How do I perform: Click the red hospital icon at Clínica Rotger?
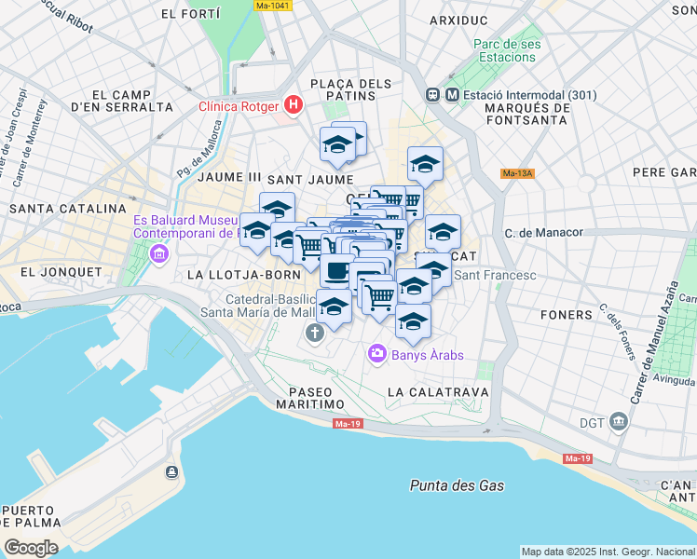(x=293, y=104)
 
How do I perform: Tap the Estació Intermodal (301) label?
(x=517, y=94)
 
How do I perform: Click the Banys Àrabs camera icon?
(x=376, y=353)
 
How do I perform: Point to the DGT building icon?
(x=617, y=422)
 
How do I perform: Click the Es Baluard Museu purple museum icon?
(x=158, y=253)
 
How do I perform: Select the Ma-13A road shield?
(x=517, y=173)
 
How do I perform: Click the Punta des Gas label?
(x=457, y=485)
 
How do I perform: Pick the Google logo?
(x=31, y=548)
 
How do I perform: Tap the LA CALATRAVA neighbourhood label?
(x=437, y=392)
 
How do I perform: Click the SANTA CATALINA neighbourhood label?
(x=67, y=209)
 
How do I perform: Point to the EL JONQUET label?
(x=60, y=272)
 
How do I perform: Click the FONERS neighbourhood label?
(x=567, y=315)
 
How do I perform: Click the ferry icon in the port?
(x=171, y=472)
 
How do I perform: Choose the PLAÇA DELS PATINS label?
(x=350, y=91)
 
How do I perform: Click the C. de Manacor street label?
(x=543, y=232)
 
